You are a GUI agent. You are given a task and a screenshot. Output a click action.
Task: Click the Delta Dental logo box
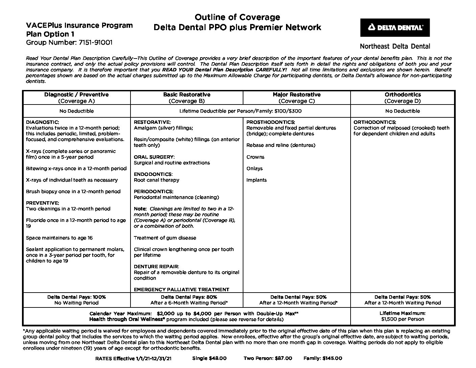(395, 27)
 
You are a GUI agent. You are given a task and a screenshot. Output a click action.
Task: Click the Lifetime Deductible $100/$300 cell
(240, 111)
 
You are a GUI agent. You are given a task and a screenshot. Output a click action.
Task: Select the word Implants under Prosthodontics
(257, 180)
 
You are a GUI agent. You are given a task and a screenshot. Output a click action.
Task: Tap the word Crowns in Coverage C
(255, 157)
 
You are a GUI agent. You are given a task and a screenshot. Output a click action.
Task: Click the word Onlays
(255, 168)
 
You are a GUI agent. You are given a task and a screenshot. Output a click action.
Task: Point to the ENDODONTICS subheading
(153, 174)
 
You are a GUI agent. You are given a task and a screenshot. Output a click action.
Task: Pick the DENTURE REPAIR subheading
(157, 267)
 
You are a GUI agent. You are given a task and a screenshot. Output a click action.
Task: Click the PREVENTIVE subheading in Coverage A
(43, 203)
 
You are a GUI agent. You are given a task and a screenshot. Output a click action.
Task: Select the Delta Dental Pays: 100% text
(76, 297)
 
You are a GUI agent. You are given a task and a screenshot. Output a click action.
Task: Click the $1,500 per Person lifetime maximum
(402, 319)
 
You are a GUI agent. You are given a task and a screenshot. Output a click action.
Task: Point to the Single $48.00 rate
(209, 358)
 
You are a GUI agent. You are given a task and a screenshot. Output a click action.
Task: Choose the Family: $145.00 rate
(323, 358)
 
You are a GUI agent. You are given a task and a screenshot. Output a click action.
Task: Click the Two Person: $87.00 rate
(268, 358)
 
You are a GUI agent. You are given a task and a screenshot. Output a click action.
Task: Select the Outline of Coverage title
(237, 17)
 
